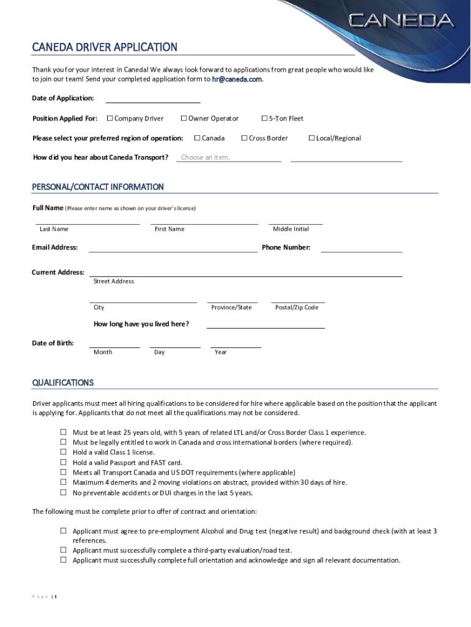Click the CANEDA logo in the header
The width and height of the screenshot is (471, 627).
[401, 21]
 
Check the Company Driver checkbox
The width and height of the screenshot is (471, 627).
[110, 118]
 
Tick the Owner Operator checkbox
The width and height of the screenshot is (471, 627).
[184, 118]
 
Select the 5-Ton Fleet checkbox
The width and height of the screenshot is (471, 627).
[265, 118]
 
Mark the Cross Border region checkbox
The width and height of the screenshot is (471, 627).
[245, 138]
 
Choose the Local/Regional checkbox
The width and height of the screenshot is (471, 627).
[312, 138]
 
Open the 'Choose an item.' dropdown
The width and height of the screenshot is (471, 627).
[228, 157]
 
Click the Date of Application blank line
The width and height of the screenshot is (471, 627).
[153, 99]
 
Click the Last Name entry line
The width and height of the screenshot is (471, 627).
[87, 222]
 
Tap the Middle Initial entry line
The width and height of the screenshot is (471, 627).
[295, 222]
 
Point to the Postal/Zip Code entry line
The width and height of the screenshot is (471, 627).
[297, 299]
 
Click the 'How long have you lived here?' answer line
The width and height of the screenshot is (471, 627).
[265, 325]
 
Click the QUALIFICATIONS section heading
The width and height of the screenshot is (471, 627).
[63, 383]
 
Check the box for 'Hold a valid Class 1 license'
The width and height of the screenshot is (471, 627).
[63, 452]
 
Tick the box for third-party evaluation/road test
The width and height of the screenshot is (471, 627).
[63, 550]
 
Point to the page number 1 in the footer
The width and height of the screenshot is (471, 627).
[55, 597]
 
